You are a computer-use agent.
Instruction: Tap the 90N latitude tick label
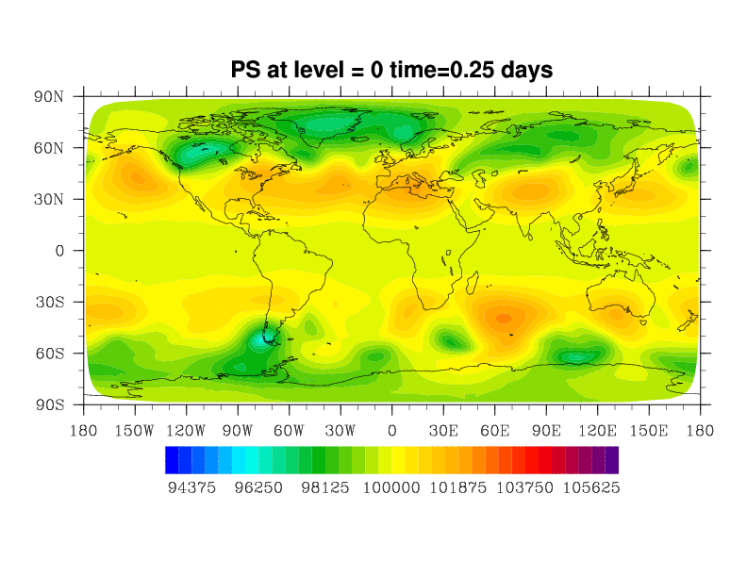49,96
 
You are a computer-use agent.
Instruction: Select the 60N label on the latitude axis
49,148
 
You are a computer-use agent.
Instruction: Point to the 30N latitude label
49,199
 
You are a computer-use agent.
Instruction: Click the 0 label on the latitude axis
59,251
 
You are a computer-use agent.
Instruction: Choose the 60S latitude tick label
49,354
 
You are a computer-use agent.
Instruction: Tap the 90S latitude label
49,404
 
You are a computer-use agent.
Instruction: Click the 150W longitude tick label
135,431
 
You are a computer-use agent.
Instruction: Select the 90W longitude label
238,431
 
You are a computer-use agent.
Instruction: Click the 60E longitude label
494,431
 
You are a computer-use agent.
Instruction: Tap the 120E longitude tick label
597,431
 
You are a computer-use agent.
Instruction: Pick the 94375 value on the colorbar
191,487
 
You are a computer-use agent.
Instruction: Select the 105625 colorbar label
591,487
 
